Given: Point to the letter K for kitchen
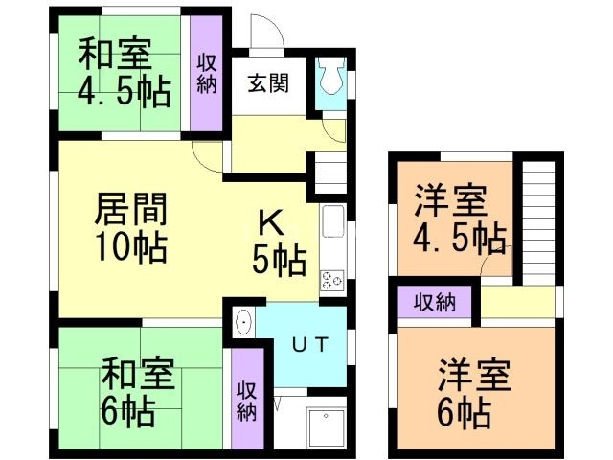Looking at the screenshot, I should [x=269, y=221].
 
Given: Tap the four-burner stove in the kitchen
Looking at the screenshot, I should [x=332, y=281].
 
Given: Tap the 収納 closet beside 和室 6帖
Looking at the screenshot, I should [x=246, y=398].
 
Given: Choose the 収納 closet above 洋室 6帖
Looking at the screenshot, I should [x=434, y=303].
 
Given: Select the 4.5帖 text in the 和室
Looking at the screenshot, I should [x=124, y=93].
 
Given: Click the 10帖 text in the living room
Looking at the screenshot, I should [x=131, y=248].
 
